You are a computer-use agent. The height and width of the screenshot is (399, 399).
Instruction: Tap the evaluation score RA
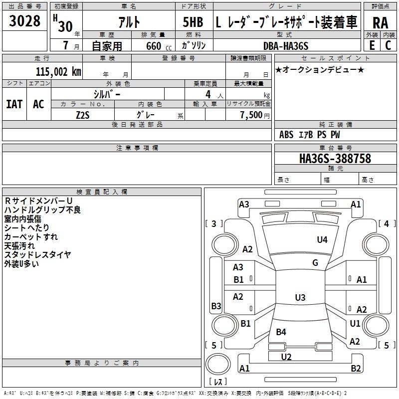point(380,22)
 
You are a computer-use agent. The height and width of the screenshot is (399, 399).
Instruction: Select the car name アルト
point(128,22)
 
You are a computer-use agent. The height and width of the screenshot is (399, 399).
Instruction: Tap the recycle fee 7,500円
point(254,115)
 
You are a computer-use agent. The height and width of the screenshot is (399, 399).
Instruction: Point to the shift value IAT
point(14,104)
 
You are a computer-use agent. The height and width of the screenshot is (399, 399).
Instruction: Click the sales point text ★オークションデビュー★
point(319,69)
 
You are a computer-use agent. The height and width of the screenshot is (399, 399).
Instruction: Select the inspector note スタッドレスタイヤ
point(37,255)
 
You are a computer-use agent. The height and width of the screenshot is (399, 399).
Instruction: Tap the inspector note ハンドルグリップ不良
point(42,210)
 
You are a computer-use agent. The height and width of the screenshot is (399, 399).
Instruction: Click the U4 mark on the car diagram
point(322,240)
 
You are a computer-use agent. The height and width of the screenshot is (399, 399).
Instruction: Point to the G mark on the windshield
point(315,263)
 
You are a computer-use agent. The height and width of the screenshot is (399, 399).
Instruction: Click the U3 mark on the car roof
point(300,298)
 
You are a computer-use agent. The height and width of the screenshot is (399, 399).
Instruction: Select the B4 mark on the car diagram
point(281,332)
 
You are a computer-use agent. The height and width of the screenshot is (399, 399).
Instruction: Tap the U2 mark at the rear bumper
point(286,357)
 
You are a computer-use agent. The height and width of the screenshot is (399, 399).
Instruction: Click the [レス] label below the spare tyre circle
point(218,382)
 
